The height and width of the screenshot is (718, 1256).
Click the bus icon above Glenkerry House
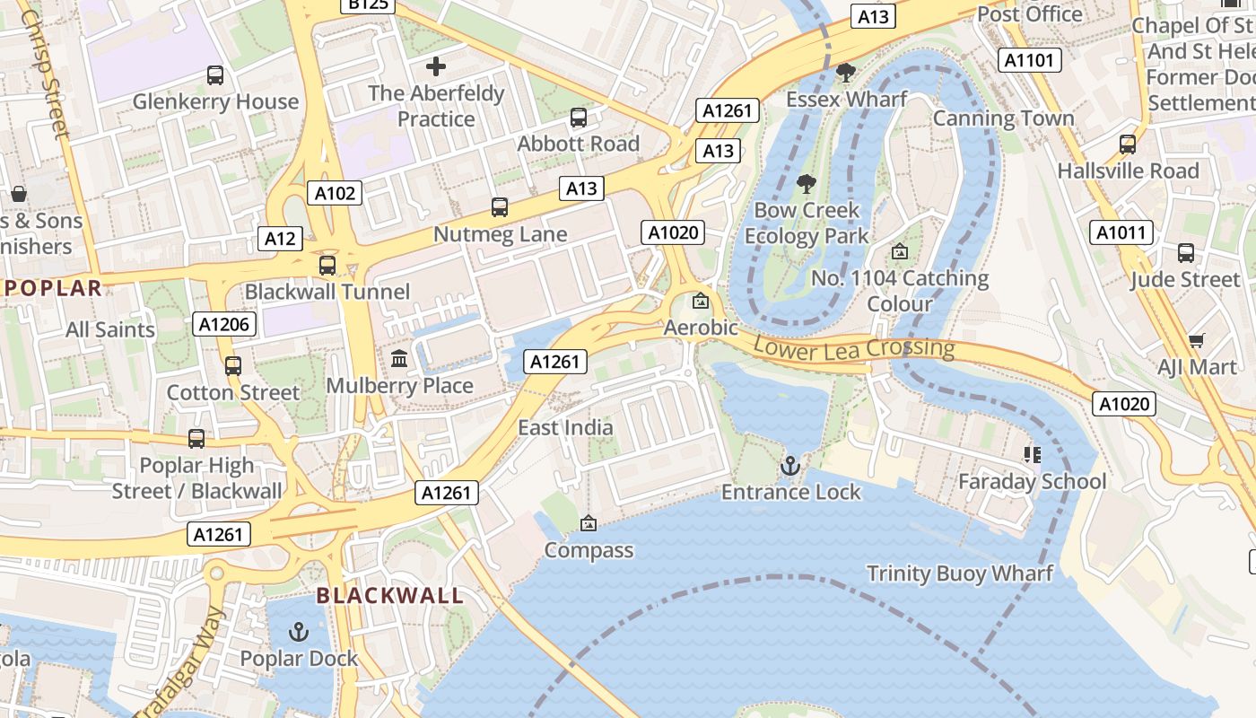215,75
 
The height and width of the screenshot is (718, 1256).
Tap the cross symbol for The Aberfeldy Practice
436,66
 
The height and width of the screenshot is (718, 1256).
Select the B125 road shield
368,4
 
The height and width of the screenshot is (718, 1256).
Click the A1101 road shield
1030,60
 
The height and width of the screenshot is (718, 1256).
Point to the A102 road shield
336,192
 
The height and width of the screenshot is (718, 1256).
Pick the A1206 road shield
224,324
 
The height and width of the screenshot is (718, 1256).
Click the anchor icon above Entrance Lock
789,466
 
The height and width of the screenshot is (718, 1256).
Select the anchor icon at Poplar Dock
299,632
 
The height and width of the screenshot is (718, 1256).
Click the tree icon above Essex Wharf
845,73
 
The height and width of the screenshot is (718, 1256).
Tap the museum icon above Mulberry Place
400,359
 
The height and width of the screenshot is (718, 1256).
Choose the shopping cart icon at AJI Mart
1196,340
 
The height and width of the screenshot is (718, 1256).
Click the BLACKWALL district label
390,595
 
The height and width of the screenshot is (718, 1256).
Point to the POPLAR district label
54,288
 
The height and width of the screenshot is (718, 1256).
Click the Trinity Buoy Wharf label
959,574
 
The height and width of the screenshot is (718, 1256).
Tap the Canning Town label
1003,118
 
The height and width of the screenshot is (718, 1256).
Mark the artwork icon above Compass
589,523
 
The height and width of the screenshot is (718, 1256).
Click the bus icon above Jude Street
1186,253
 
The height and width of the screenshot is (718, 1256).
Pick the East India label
565,427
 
